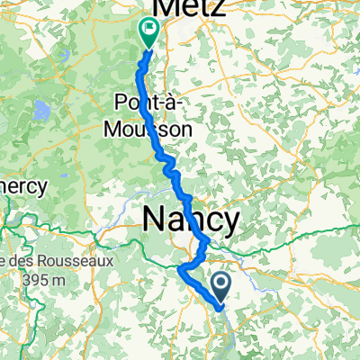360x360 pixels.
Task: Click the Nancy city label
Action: click(192, 220)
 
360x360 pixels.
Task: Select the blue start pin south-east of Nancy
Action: click(222, 288)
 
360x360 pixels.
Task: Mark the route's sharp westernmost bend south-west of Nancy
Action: click(181, 267)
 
